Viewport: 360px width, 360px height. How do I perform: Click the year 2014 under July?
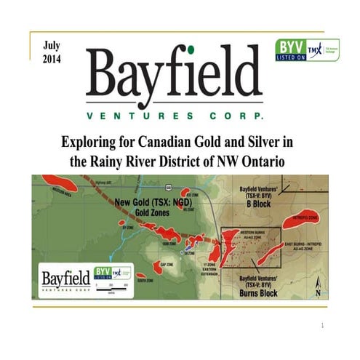[x=53, y=57]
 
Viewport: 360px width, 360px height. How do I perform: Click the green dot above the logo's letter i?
[x=191, y=50]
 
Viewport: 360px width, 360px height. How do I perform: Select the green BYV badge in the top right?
[x=289, y=50]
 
